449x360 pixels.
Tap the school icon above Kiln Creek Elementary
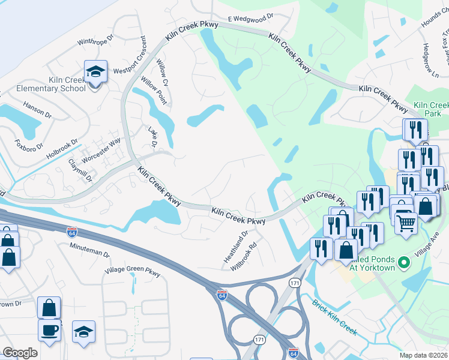(95, 72)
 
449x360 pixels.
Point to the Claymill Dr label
(79, 170)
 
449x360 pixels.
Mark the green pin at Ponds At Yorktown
(404, 262)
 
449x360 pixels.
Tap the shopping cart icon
(406, 224)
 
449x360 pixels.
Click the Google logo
(20, 353)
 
